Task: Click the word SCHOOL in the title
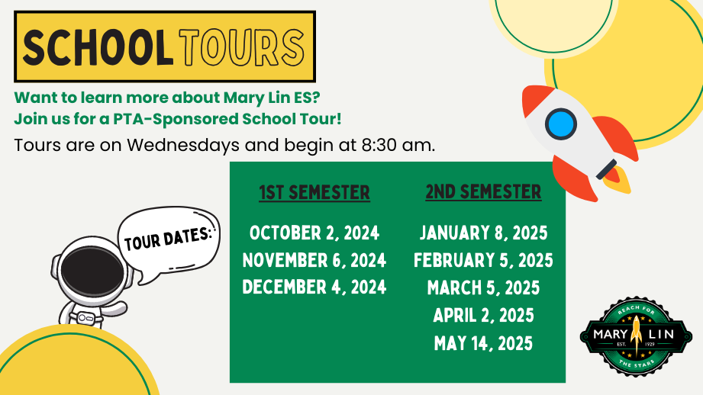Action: tap(98, 47)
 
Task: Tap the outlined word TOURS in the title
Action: tap(242, 47)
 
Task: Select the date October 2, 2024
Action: tap(314, 233)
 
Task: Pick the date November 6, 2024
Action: tap(314, 261)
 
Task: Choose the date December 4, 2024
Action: tap(314, 287)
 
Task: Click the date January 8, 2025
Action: tap(483, 233)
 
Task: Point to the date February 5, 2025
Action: tap(483, 261)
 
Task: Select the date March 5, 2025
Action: tap(483, 288)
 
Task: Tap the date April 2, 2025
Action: tap(483, 316)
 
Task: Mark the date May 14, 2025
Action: tap(483, 343)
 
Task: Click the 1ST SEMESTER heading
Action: tap(314, 193)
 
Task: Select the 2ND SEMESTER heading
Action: tap(483, 192)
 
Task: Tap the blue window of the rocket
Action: tap(561, 124)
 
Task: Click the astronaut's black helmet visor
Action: tap(92, 271)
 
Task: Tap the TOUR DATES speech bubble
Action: tap(169, 244)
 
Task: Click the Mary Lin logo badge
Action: tap(636, 336)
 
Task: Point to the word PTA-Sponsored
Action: tap(176, 119)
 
